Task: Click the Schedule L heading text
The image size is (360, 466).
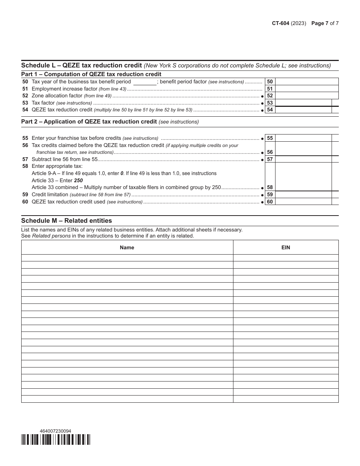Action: click(x=81, y=65)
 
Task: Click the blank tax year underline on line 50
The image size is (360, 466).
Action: click(x=145, y=82)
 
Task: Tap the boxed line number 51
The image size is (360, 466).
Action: click(x=270, y=89)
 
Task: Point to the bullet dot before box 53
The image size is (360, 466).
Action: click(x=262, y=103)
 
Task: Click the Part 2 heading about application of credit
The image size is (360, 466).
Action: click(x=89, y=122)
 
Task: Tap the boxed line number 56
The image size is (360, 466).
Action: click(x=270, y=152)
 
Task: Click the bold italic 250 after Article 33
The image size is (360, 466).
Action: click(x=78, y=180)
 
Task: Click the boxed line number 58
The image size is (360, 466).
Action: click(x=270, y=188)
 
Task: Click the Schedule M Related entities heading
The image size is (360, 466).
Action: click(x=67, y=220)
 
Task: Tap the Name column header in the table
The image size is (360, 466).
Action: click(x=127, y=247)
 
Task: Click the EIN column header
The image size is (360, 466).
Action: click(x=286, y=247)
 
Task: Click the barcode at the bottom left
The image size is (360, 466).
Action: click(x=56, y=439)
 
